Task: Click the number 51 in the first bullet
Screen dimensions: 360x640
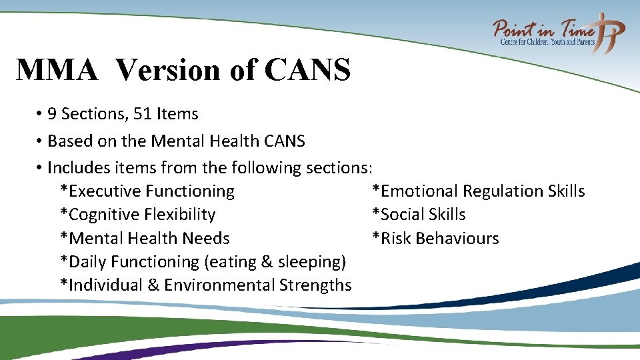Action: tap(143, 114)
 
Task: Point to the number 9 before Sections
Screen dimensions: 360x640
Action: tap(53, 114)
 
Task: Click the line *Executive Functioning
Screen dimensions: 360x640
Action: tap(147, 191)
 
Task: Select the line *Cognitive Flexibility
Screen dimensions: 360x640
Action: tap(138, 215)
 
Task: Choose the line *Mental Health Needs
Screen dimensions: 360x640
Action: tap(145, 239)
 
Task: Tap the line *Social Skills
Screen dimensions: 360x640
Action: tap(419, 215)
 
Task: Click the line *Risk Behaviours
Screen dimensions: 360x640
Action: tap(435, 239)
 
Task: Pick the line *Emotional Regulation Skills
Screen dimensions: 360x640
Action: tap(478, 191)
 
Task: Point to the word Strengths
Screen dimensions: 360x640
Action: tap(315, 285)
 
